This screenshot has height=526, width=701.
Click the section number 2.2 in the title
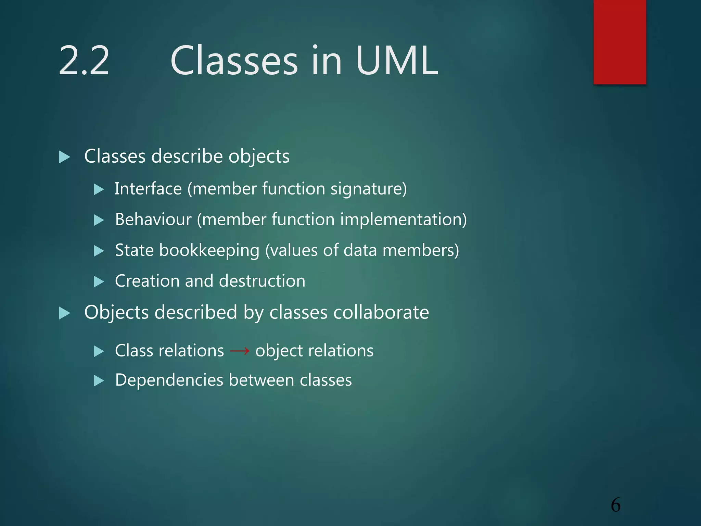[84, 61]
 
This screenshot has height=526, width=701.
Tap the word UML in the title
[397, 61]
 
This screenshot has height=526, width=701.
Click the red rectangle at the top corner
[620, 42]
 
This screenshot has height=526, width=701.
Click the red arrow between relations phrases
[240, 351]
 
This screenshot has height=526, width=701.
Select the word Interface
[148, 189]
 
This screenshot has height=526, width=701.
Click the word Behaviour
[153, 220]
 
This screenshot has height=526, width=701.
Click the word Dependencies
[169, 380]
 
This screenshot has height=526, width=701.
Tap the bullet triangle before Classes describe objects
[64, 157]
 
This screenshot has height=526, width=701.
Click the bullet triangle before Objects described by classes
[64, 313]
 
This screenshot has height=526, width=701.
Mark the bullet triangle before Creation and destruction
[99, 282]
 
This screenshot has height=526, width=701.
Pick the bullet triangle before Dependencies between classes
[99, 381]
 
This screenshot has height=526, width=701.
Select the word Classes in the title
[234, 61]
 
